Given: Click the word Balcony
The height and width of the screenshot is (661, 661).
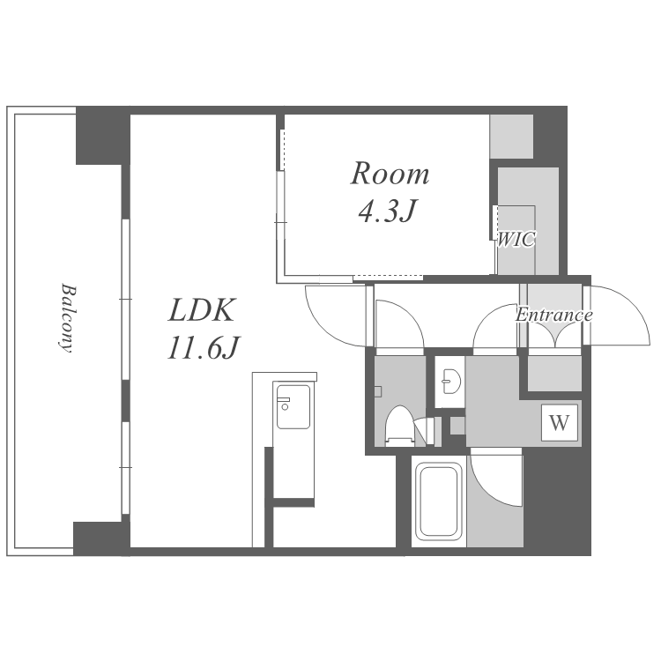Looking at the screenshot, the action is pos(67,317).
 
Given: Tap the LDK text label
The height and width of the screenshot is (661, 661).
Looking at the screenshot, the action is pos(201,310).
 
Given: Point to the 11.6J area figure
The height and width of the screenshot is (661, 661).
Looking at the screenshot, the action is pos(204,348).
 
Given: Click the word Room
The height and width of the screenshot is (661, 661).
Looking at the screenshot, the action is pos(390,174).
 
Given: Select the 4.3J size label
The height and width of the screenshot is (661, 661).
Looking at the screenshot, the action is pos(388,211).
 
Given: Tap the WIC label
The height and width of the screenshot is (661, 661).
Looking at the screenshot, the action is pos(516,240).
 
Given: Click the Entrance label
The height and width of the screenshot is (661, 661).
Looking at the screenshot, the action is pos(554,315).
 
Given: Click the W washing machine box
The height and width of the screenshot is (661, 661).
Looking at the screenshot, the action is pos(560,422).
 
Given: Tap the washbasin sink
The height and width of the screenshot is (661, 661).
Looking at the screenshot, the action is pos(451,381).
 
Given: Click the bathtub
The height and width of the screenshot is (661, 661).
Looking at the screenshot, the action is pos(438,501).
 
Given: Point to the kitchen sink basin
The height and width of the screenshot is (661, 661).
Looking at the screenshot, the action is pos(293,407).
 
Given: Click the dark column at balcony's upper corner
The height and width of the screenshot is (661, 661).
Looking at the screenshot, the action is pos(103,136).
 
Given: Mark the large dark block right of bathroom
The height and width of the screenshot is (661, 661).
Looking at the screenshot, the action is pos(556,501).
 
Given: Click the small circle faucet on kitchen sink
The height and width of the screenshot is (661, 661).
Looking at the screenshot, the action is pos(286,407).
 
